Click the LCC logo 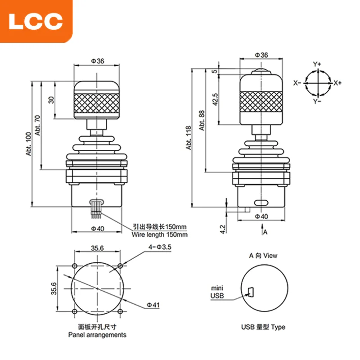click(x=36, y=21)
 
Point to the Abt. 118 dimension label click(x=189, y=137)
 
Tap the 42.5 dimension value click(x=215, y=99)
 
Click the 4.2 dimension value click(x=222, y=228)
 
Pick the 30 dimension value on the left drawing click(x=51, y=100)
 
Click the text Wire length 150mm click(x=159, y=234)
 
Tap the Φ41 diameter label click(x=153, y=305)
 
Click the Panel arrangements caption click(x=97, y=335)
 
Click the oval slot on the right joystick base click(x=261, y=202)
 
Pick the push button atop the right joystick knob click(x=261, y=72)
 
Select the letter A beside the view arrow click(x=265, y=232)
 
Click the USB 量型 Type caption click(x=263, y=327)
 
